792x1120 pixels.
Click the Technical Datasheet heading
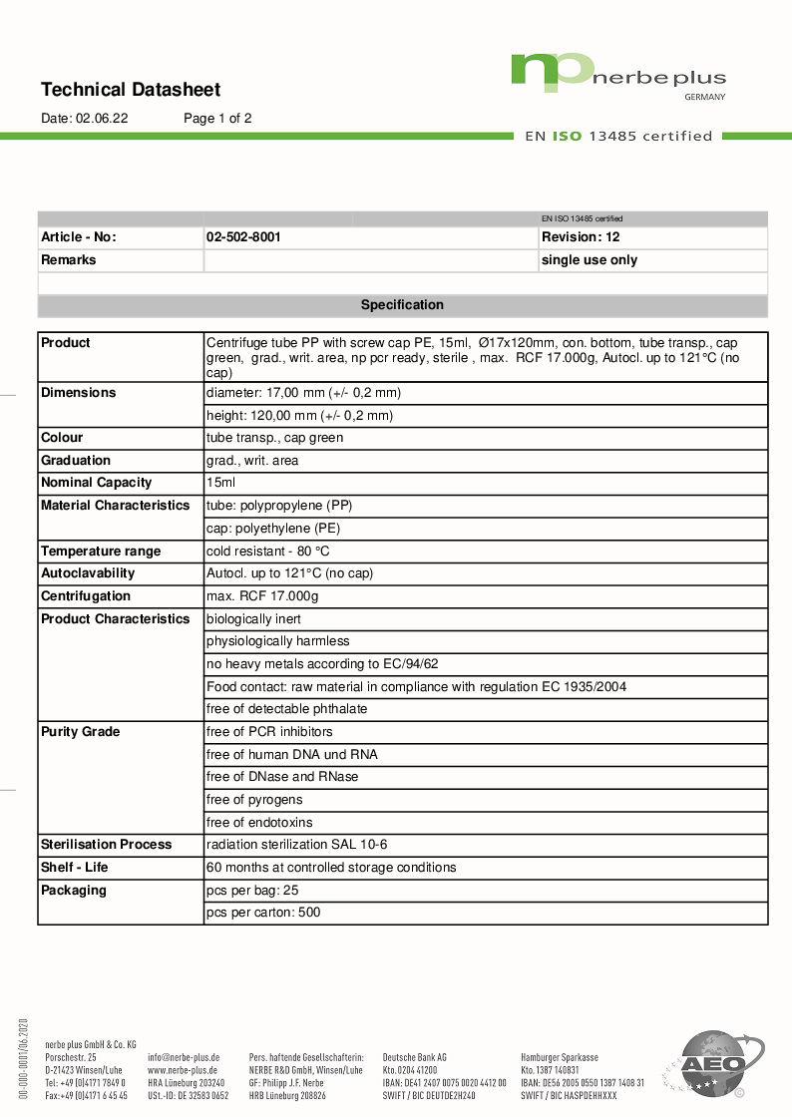131,90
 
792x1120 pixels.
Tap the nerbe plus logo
617,76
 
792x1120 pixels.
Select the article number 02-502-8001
243,237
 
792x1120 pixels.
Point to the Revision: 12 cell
581,237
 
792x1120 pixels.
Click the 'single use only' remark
589,260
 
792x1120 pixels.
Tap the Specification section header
402,305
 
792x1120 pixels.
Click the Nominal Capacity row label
97,483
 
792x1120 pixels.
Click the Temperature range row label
100,552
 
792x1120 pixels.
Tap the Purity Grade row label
80,732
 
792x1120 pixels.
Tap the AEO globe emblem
712,1063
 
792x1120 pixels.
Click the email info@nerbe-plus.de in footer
184,1056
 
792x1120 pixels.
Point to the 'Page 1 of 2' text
217,118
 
